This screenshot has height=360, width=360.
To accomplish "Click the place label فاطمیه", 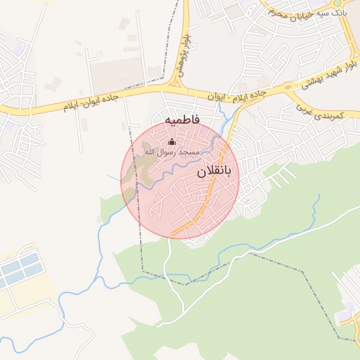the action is coord(182,120).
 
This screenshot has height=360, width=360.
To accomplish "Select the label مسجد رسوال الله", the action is coord(172,152).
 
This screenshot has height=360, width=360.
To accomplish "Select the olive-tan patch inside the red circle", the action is coord(144,166).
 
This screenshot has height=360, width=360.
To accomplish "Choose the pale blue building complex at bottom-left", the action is coord(18,271).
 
